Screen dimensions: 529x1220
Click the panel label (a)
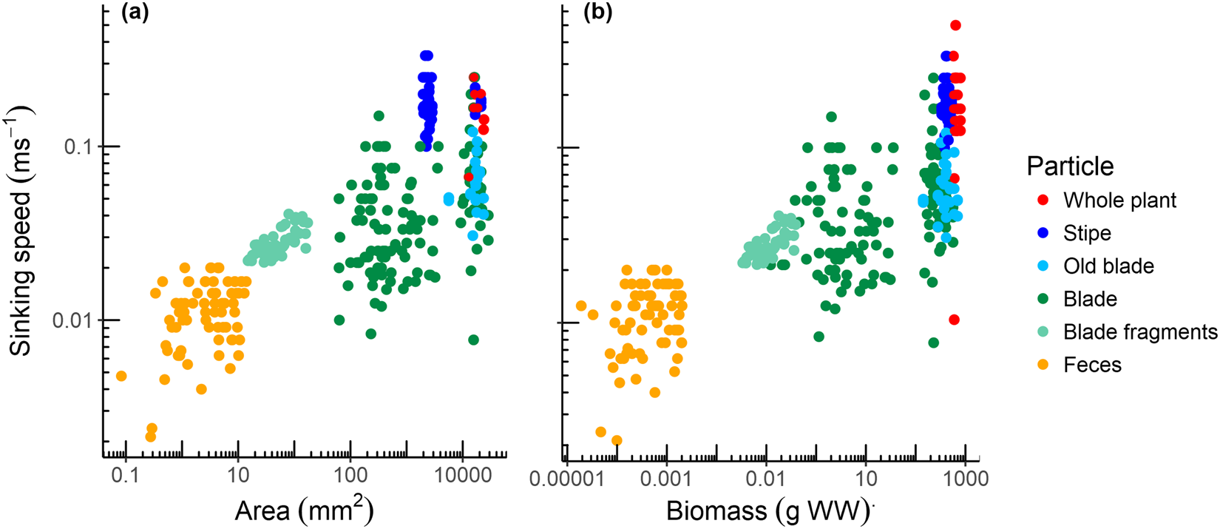coord(135,14)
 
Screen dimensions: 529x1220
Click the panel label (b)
coord(597,14)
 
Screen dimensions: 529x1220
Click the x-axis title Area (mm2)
coord(304,510)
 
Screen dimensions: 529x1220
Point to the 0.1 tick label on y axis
coord(81,146)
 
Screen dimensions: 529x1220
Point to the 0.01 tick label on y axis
coord(76,321)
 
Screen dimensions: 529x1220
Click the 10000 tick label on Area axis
coord(463,475)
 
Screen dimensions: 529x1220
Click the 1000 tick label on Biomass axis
coord(964,479)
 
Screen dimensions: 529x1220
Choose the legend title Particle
coord(1070,166)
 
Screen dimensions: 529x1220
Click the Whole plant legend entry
coord(1119,201)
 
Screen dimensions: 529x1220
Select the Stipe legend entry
coord(1087,233)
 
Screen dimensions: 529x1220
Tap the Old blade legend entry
coord(1108,266)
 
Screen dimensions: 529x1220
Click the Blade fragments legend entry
coord(1139,332)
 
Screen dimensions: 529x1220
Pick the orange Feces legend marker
coord(1043,365)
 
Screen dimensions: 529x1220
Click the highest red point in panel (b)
coord(955,26)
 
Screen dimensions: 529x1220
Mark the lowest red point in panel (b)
coord(954,320)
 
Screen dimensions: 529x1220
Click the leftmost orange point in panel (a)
coord(121,376)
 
